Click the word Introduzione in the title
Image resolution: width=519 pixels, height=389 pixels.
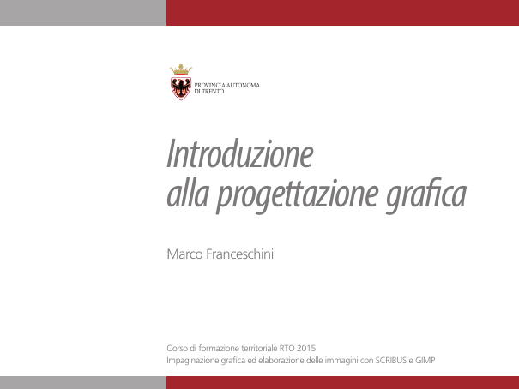(240, 153)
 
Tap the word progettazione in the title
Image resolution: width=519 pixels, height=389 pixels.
(297, 195)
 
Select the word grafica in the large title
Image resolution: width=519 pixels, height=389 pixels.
(426, 195)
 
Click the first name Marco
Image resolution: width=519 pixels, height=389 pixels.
(184, 254)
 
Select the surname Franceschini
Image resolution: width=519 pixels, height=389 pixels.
(239, 254)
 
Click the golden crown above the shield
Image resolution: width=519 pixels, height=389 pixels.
(181, 69)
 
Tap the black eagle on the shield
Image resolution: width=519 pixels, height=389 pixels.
(181, 87)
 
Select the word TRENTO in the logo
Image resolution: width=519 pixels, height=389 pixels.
(213, 92)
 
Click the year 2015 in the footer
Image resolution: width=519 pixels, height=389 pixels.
(306, 349)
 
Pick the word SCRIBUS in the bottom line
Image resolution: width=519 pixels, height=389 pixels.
(391, 360)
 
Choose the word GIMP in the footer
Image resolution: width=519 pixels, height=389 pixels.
(425, 360)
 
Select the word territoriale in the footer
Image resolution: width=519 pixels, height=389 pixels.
(259, 349)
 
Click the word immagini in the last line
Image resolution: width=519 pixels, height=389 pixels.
(341, 361)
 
